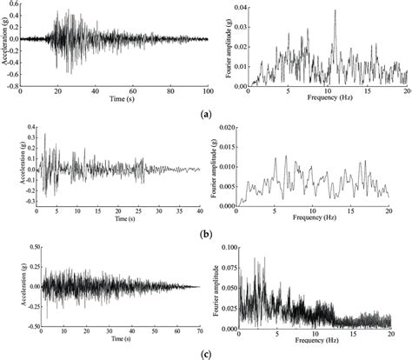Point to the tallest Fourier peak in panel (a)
pos(334,11)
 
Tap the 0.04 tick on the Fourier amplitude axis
pos(239,7)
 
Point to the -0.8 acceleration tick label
pos(12,86)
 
